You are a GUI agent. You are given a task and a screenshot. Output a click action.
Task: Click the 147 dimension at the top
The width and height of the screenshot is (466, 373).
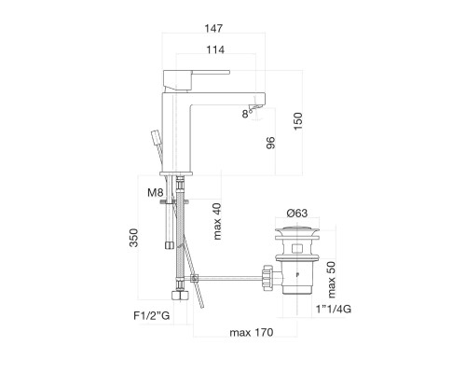coord(216,29)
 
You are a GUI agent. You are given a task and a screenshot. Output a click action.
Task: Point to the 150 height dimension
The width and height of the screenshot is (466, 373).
coord(298,121)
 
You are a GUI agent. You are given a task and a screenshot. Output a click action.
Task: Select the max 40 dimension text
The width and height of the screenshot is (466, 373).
coord(216,222)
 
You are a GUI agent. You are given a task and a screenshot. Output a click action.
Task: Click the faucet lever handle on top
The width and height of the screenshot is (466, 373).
coord(198,70)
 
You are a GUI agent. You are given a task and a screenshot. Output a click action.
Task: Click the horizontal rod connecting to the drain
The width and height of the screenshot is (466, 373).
coord(228,276)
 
